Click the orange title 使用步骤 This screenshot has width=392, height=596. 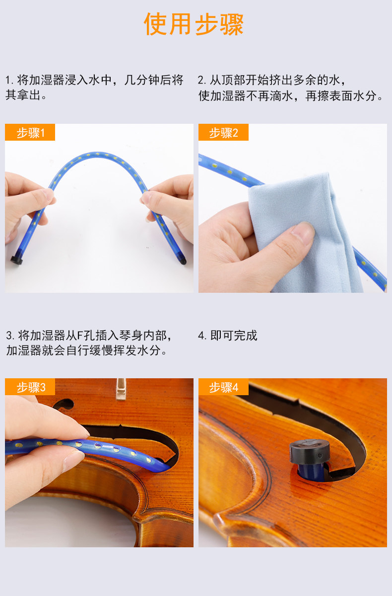[194, 24]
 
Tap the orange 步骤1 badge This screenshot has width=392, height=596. [30, 132]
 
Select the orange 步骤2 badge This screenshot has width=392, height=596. [223, 132]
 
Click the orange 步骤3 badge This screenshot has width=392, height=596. [30, 387]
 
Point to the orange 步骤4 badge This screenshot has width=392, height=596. [223, 387]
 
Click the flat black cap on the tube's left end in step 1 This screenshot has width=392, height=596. [16, 260]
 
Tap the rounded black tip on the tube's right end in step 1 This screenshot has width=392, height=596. [183, 260]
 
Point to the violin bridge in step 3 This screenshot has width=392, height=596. [121, 389]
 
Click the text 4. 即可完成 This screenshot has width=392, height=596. [228, 335]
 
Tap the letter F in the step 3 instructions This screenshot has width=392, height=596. [80, 335]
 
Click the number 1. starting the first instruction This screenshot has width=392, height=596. [9, 80]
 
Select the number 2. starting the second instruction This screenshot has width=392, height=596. [202, 80]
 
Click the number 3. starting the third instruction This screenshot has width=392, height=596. [10, 335]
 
